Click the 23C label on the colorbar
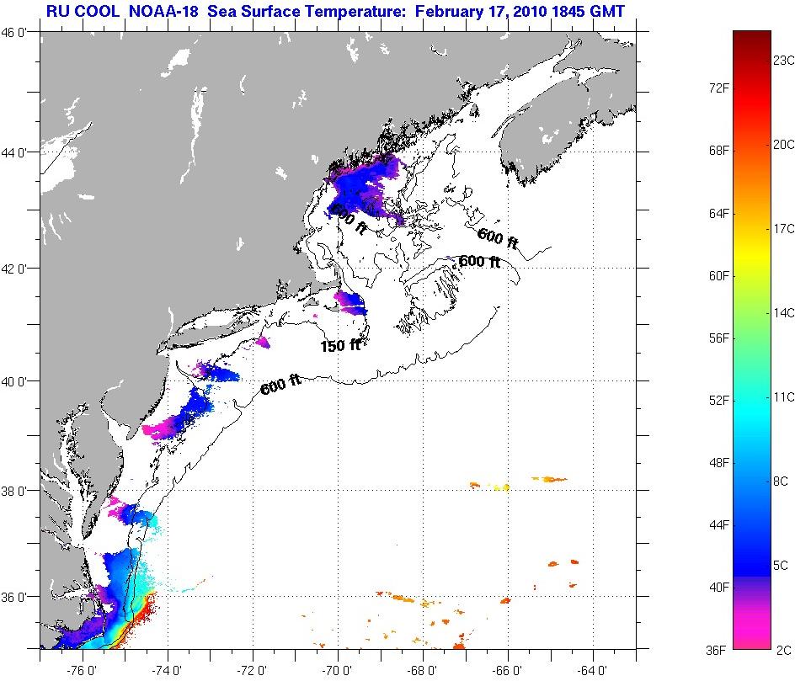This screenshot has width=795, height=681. click(x=784, y=61)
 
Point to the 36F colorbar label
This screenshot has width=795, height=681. click(x=718, y=649)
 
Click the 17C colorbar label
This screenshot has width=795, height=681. click(x=784, y=229)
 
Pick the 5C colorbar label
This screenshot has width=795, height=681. click(x=781, y=565)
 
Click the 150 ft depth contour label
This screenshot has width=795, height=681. click(x=341, y=346)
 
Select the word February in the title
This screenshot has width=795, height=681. click(x=448, y=12)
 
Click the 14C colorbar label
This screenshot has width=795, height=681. click(x=784, y=312)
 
